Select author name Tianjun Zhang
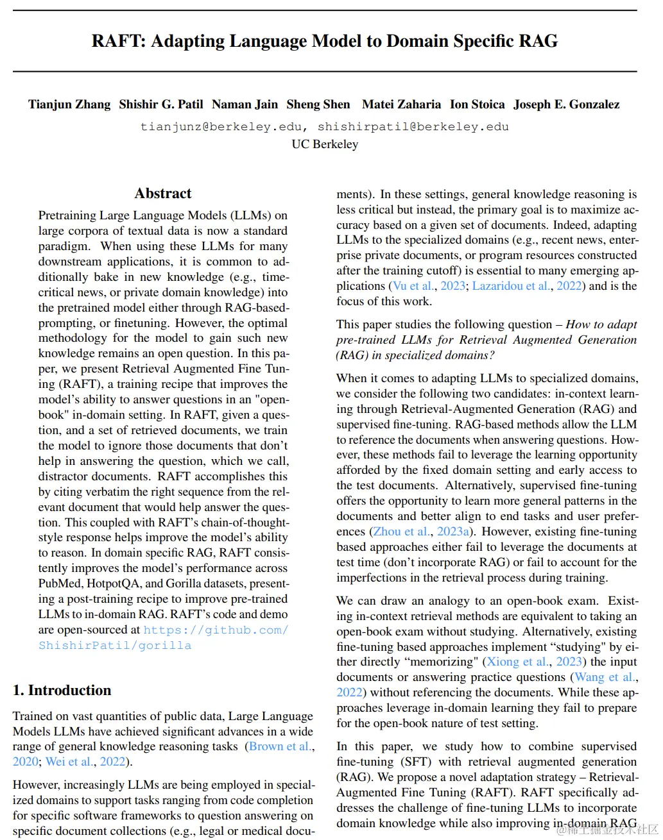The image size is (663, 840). click(69, 105)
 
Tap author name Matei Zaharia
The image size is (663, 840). click(401, 105)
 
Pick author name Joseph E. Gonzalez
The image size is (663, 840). click(566, 105)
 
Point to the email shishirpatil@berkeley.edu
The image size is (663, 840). click(413, 127)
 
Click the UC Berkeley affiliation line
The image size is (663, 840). click(325, 144)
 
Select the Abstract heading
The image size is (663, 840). click(163, 194)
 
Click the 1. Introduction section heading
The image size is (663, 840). click(62, 691)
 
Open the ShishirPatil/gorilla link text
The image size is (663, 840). click(115, 646)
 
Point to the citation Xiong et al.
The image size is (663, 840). click(518, 662)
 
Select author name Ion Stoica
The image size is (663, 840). click(477, 105)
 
